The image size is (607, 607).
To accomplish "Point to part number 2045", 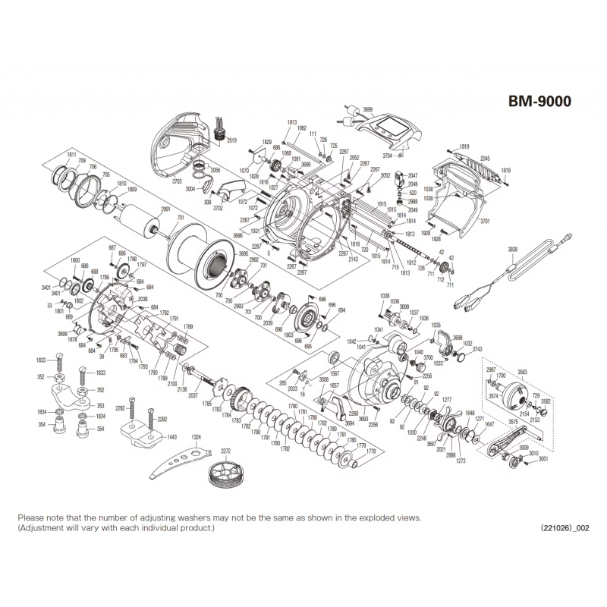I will pyautogui.click(x=484, y=159).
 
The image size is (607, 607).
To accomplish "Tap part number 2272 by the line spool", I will pyautogui.click(x=225, y=449).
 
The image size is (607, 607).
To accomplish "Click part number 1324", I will pyautogui.click(x=197, y=436).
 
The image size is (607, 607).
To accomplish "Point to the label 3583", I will pyautogui.click(x=522, y=371).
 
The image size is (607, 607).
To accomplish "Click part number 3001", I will pyautogui.click(x=543, y=459).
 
